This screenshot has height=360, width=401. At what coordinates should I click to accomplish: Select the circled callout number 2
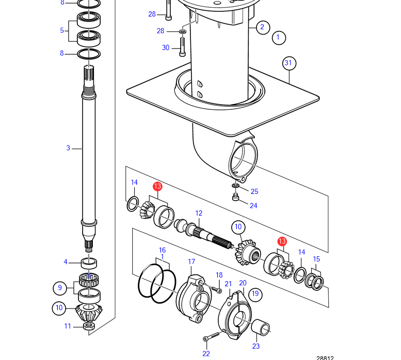[262, 27]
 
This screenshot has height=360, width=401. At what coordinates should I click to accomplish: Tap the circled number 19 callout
[254, 294]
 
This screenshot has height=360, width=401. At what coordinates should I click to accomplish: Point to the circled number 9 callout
[59, 287]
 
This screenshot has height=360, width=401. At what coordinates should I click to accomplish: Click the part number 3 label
[68, 149]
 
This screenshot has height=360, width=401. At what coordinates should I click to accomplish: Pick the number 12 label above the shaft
[198, 213]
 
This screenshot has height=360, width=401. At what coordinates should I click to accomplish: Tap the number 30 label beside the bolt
[166, 48]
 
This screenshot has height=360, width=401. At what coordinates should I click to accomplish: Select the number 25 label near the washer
[254, 191]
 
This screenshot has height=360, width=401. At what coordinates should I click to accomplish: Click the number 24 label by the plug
[253, 205]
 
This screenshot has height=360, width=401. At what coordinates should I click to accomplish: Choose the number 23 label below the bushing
[256, 346]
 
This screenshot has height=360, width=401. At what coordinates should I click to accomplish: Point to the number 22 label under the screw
[206, 353]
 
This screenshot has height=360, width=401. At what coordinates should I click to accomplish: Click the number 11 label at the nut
[68, 326]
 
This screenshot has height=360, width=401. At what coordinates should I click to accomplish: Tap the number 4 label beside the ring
[66, 262]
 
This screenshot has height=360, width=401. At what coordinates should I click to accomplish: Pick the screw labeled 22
[208, 338]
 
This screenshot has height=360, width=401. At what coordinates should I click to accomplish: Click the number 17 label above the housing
[191, 262]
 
